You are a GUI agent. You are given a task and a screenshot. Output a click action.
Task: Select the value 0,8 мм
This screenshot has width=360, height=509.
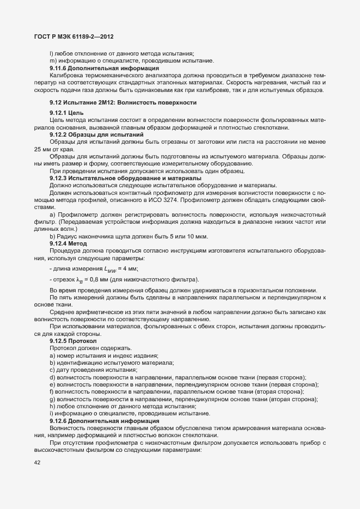click(96, 280)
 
